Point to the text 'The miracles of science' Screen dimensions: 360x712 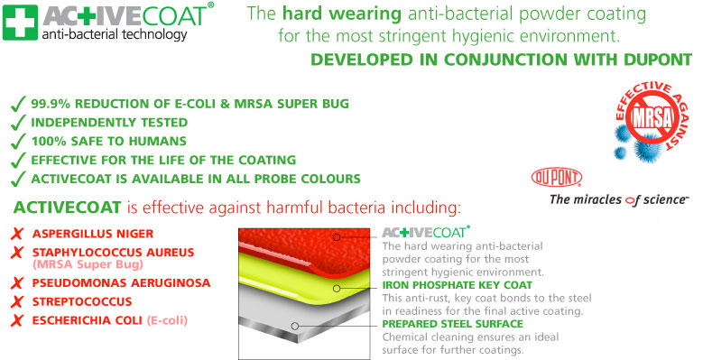pyautogui.click(x=619, y=200)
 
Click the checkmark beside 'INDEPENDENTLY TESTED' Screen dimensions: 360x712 pyautogui.click(x=15, y=122)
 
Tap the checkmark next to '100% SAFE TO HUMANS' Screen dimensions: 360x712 pyautogui.click(x=15, y=141)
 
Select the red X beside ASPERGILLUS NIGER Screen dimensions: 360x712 pyautogui.click(x=14, y=232)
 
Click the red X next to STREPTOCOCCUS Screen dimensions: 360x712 pyautogui.click(x=14, y=301)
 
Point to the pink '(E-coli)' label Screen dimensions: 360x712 pyautogui.click(x=170, y=319)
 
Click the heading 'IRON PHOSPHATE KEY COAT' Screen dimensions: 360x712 pyautogui.click(x=458, y=284)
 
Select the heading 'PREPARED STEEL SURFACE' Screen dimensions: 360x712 pyautogui.click(x=452, y=323)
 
